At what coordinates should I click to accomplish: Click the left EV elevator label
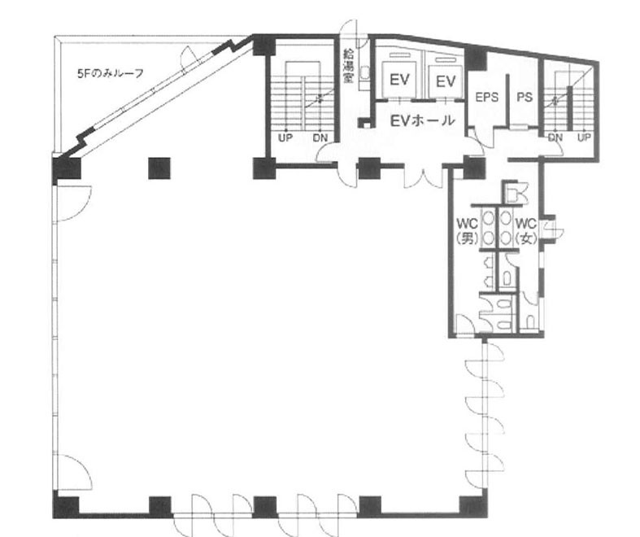point(399,80)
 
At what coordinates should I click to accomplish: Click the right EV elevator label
point(446,81)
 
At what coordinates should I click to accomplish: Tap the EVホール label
point(422,120)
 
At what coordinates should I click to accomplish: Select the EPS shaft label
point(487,97)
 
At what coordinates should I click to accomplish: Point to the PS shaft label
point(525,97)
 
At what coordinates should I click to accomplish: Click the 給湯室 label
point(348,66)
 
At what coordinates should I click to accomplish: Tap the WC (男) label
point(468,231)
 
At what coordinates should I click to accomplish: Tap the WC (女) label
point(526,231)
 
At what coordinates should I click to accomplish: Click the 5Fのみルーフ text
point(111,73)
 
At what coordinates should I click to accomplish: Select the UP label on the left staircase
point(285,138)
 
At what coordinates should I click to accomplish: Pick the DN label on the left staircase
point(320,138)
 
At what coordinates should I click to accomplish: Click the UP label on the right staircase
point(584,138)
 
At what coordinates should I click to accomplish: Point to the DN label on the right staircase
point(555,138)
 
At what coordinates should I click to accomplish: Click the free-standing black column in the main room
point(159,168)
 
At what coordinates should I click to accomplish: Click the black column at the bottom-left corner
point(66,504)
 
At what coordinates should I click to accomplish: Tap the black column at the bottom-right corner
point(473,505)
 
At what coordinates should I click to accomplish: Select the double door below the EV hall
point(424,176)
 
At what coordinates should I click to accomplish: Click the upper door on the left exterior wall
point(73,203)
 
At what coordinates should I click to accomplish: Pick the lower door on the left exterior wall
point(73,472)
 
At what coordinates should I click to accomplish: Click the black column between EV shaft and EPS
point(476,60)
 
